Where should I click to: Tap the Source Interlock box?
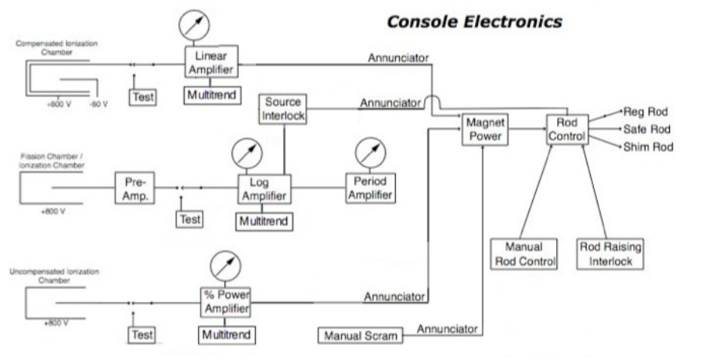[x=284, y=109]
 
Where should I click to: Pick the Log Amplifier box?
[x=264, y=189]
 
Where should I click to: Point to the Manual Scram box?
[x=359, y=335]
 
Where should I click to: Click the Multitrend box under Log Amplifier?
[x=264, y=221]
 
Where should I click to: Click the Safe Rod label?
[x=643, y=129]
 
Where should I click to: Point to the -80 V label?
[x=99, y=103]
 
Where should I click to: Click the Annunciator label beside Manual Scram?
[x=447, y=329]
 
